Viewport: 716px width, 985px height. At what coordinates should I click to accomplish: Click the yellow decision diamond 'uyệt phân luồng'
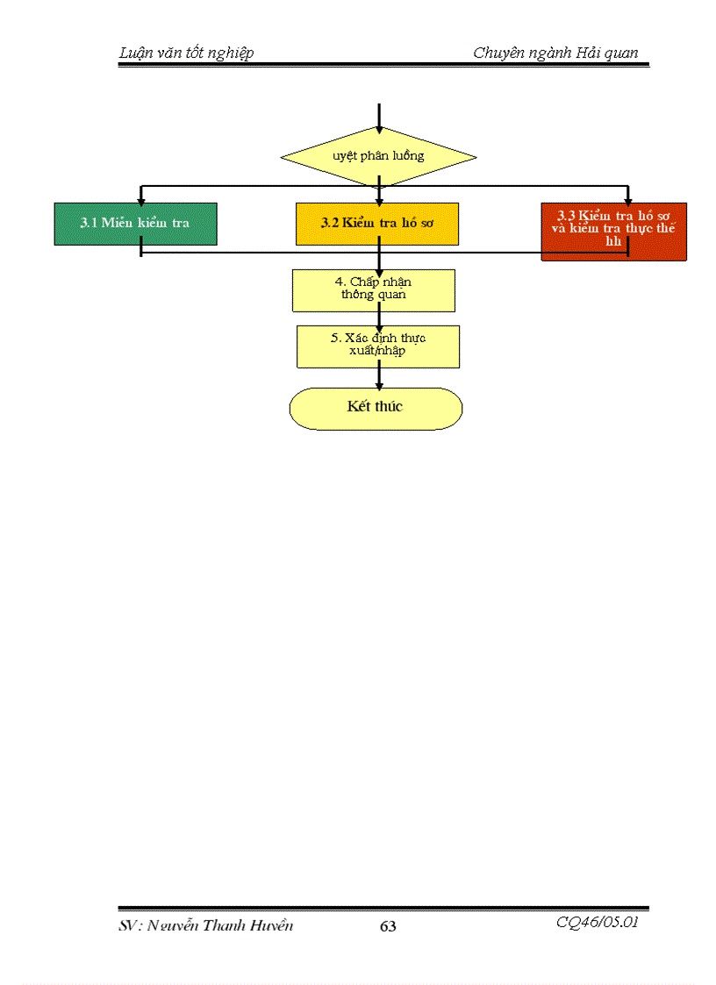378,157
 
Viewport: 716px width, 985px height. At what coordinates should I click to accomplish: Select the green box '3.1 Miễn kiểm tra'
135,224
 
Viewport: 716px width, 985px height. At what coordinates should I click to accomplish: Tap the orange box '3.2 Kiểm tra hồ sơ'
377,224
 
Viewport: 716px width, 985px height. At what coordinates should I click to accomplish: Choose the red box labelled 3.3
613,232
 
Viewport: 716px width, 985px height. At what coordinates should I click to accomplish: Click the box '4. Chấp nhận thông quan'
374,290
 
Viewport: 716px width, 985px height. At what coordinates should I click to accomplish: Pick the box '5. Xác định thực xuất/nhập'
378,346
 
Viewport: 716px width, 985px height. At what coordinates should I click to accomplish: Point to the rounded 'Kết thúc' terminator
376,408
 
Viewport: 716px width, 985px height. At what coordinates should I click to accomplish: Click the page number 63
388,926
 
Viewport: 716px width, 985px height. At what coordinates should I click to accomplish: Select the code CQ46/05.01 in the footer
597,923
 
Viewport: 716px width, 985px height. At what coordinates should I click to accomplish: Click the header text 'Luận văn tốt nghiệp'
186,54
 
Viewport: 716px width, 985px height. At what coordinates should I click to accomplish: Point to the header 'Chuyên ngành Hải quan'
555,54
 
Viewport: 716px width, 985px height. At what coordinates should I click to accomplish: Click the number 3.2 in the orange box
330,224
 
